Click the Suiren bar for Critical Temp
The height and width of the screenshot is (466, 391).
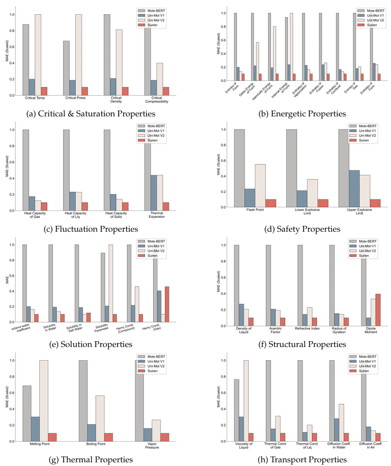click(44, 91)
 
